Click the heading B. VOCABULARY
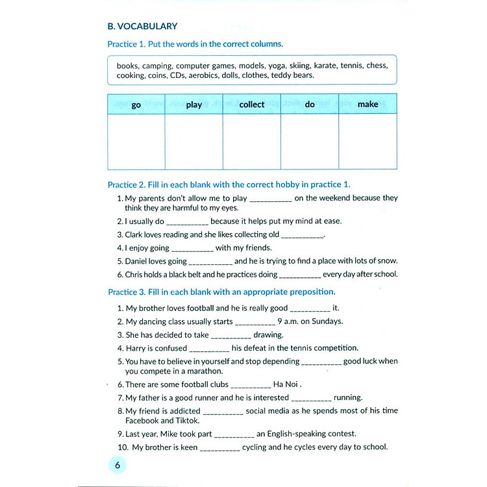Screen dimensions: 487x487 coord(142,27)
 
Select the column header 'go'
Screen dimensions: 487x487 coord(136,105)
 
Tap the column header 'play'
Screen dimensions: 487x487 coord(194,105)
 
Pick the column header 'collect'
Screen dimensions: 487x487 coord(252,105)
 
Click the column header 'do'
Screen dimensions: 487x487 coord(310,105)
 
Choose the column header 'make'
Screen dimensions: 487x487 coord(368,105)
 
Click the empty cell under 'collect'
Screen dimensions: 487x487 coord(252,142)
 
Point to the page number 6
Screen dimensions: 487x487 coord(118,465)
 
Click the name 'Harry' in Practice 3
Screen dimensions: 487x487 coord(136,348)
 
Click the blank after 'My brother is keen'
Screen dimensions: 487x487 coord(220,448)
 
